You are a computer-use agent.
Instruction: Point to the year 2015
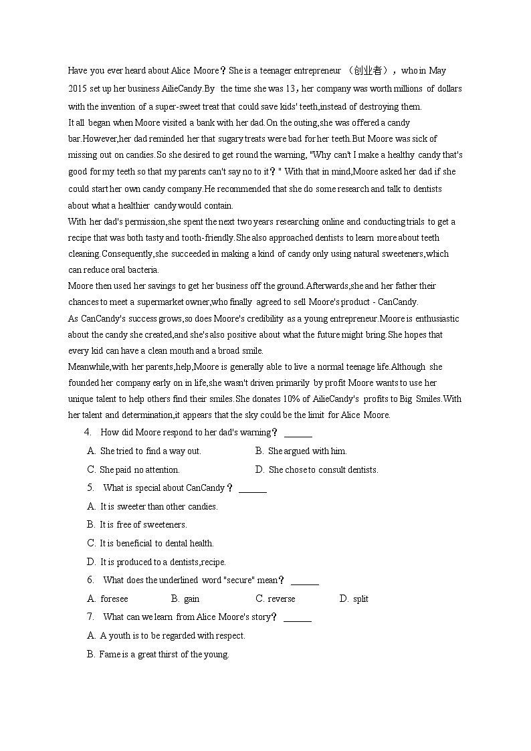coord(78,88)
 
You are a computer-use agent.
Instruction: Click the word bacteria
coord(144,270)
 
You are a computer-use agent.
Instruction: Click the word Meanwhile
coord(88,367)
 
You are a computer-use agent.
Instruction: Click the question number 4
coord(88,433)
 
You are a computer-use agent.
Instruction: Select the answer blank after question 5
coord(252,489)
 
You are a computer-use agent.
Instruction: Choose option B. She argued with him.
coord(301,451)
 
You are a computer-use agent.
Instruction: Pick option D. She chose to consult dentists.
coord(317,470)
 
